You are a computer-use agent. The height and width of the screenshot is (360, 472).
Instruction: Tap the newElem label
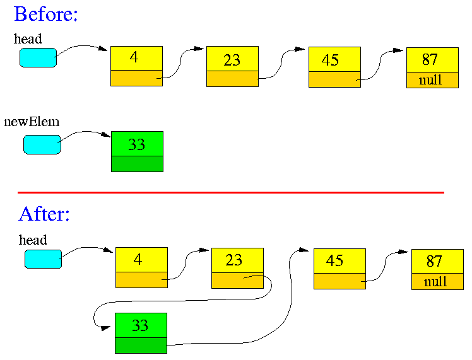pos(32,122)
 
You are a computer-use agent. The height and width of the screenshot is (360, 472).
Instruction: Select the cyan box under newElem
pos(42,144)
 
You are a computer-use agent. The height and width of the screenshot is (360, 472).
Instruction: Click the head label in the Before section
pos(28,39)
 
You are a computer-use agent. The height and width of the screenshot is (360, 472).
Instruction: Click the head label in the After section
pos(33,240)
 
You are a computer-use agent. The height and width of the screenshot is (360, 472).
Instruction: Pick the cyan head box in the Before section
pos(38,57)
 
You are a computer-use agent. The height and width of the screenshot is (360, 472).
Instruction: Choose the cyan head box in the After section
pos(43,259)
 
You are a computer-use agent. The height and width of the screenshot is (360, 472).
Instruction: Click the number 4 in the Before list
pos(134,57)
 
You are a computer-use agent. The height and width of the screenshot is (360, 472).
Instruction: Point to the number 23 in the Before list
pos(232,60)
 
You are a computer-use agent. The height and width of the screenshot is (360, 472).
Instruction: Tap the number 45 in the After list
pos(334,260)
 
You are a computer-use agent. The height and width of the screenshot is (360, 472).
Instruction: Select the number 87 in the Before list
pos(430,59)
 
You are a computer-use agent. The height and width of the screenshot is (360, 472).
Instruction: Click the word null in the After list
pos(435,281)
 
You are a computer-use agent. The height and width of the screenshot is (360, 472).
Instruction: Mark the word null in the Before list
pos(430,80)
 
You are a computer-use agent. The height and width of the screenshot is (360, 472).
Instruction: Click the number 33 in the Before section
pos(137,144)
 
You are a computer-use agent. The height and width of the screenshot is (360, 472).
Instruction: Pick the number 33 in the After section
pos(140,325)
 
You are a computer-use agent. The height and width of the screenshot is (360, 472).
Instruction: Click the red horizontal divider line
pos(231,192)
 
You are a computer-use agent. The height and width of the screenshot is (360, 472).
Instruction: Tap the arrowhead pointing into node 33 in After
pos(106,328)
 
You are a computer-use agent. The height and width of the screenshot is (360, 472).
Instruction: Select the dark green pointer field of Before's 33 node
pos(138,164)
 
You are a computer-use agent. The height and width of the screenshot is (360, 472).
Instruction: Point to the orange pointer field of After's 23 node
pos(237,281)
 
